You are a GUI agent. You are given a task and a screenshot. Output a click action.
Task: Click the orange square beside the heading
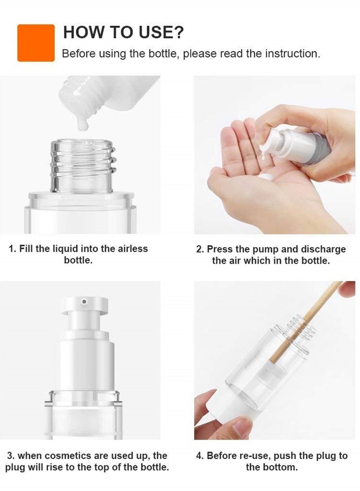click(36, 43)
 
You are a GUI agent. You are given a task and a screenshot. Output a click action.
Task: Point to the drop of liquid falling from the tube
click(82, 124)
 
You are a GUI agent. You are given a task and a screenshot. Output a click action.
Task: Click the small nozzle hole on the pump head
click(84, 301)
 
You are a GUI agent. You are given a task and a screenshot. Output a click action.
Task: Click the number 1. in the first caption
click(13, 248)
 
